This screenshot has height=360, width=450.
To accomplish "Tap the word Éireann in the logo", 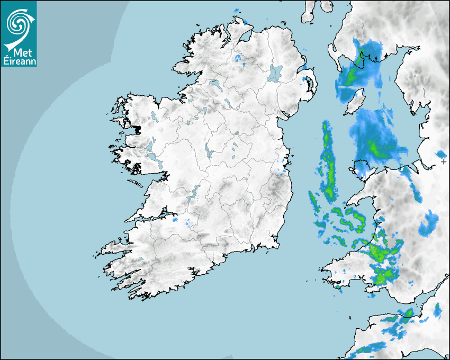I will click(19, 60).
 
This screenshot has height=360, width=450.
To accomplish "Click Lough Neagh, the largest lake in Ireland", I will click(275, 73).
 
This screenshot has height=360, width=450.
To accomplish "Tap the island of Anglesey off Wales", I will click(361, 166).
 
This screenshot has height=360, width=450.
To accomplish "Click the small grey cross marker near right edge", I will click(444, 161).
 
